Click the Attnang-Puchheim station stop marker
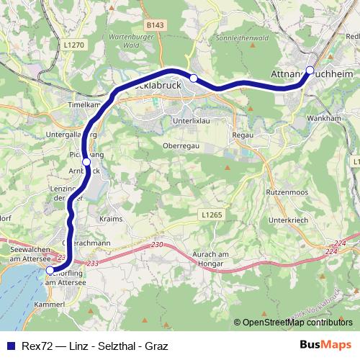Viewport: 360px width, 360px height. click(x=310, y=70)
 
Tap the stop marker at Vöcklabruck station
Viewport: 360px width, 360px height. click(x=194, y=78)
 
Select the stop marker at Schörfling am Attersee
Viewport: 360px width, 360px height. click(x=50, y=271)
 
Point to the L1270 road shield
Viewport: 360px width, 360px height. click(x=73, y=45)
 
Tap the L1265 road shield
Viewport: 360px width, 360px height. click(x=211, y=215)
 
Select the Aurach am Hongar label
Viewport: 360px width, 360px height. click(x=217, y=260)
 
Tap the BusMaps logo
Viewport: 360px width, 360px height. click(x=325, y=345)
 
